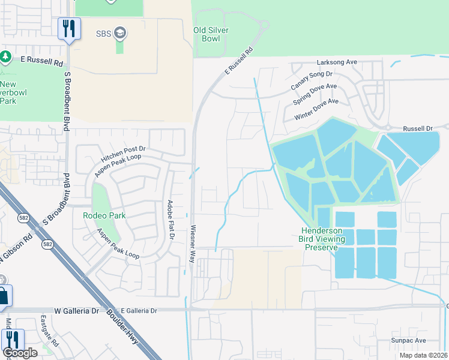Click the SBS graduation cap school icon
tap(119, 32)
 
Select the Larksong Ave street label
tap(337, 62)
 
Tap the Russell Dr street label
tap(418, 128)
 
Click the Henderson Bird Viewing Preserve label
tap(322, 239)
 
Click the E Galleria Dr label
tap(139, 311)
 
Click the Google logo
tap(20, 352)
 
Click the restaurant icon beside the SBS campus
tap(69, 28)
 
